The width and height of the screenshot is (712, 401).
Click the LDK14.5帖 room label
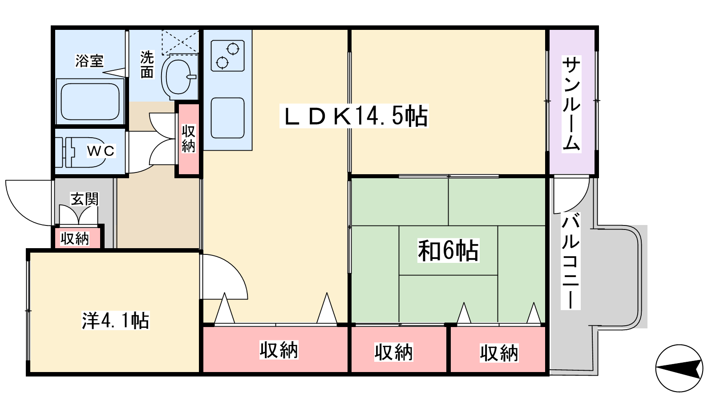point(354,116)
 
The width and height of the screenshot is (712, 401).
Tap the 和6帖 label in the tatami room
point(448,250)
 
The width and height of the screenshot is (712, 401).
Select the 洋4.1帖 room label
point(116,320)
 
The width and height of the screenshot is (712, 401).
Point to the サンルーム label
point(571,103)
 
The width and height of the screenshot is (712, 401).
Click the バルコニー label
point(571,261)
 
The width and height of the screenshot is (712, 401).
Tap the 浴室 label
point(89,61)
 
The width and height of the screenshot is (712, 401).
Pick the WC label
point(101,151)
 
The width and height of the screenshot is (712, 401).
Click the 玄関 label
point(84,199)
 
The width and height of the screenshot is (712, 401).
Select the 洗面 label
point(147,65)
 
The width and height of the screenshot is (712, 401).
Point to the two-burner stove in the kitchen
point(227,55)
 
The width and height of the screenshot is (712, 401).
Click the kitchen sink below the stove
point(227,118)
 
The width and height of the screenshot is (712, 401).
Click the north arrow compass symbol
point(679,368)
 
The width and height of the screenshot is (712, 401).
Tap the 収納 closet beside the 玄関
point(76,238)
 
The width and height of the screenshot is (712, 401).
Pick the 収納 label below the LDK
point(279,350)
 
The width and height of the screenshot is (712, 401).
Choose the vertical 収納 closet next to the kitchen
point(188,139)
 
